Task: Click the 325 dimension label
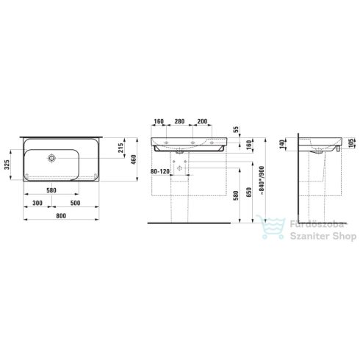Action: (x=7, y=165)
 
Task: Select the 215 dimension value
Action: (x=120, y=148)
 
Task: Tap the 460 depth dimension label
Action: (x=134, y=159)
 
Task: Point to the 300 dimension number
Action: (x=37, y=203)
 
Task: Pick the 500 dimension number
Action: (x=75, y=203)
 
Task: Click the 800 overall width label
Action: (x=61, y=216)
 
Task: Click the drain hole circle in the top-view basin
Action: (x=51, y=158)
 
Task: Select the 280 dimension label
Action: (x=179, y=121)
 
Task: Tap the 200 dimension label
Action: (x=202, y=121)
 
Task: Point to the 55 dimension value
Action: (x=237, y=129)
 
